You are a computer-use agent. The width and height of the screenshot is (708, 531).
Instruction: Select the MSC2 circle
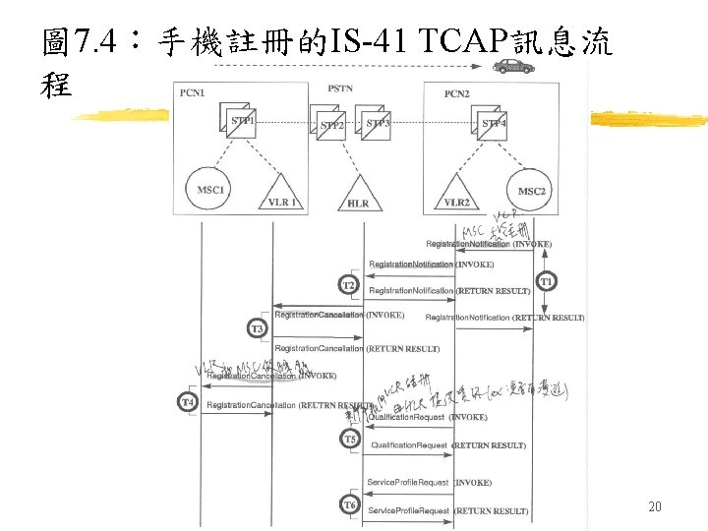(532, 190)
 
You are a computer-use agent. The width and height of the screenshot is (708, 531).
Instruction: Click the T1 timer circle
(548, 281)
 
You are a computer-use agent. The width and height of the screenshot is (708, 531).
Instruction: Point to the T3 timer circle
(257, 327)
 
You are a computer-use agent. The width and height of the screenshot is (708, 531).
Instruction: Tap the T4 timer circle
(188, 401)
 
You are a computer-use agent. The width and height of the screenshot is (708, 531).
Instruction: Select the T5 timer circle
(349, 439)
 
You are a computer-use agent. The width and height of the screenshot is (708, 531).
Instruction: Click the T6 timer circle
(349, 504)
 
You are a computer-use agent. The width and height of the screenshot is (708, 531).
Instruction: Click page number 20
(656, 506)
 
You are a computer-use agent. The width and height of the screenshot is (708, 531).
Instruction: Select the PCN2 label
(457, 94)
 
